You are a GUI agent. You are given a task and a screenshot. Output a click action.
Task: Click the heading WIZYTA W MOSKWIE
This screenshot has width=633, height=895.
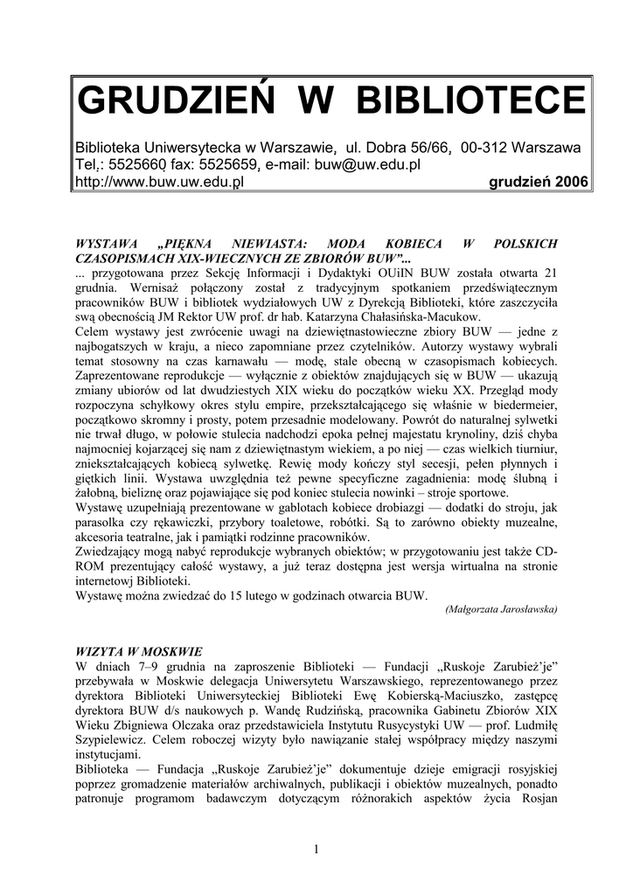point(139,651)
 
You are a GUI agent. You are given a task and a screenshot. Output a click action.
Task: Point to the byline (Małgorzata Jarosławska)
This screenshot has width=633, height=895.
point(501,608)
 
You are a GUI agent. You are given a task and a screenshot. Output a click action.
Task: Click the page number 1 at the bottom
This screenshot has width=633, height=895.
point(316,850)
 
